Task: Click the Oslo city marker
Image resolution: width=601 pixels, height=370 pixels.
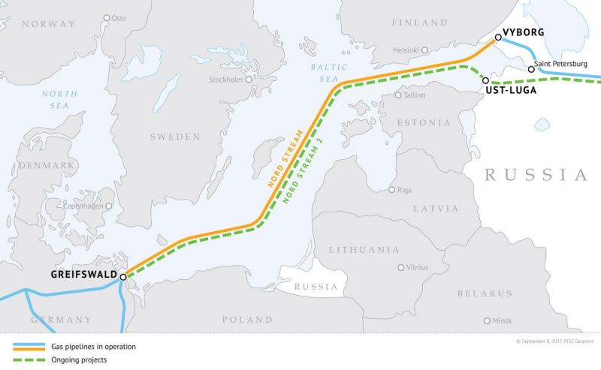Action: pyautogui.click(x=107, y=17)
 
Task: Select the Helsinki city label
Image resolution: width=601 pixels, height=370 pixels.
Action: pyautogui.click(x=405, y=50)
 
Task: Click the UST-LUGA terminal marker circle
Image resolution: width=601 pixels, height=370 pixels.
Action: pyautogui.click(x=486, y=80)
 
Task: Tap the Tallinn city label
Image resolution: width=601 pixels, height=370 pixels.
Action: pyautogui.click(x=415, y=95)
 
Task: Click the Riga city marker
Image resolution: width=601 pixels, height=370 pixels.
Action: pyautogui.click(x=391, y=189)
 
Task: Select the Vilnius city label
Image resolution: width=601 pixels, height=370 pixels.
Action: pyautogui.click(x=416, y=267)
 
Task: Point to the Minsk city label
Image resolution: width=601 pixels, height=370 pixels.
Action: pyautogui.click(x=502, y=320)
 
